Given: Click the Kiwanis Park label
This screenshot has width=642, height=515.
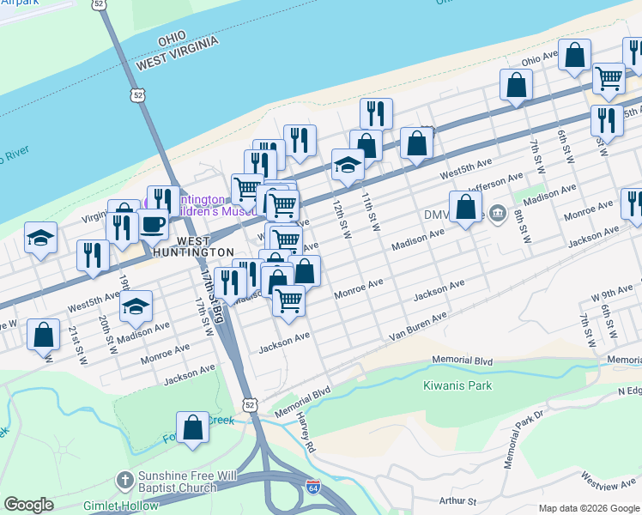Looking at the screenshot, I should pyautogui.click(x=457, y=385).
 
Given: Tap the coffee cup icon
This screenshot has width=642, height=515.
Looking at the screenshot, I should pyautogui.click(x=153, y=225).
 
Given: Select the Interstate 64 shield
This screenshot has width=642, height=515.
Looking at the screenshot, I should pyautogui.click(x=315, y=488).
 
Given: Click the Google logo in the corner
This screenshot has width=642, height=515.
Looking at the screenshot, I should pyautogui.click(x=28, y=505).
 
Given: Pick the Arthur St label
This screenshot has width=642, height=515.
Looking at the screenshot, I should pyautogui.click(x=456, y=499).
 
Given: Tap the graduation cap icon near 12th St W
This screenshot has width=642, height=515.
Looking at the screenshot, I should pyautogui.click(x=348, y=165).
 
